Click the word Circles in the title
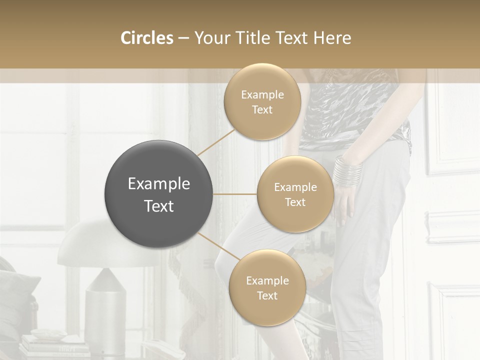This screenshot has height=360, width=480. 147,38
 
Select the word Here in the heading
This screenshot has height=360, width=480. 332,38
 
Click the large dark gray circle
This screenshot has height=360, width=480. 159,194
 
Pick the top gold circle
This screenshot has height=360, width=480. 262,102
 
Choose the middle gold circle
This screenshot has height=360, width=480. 295,194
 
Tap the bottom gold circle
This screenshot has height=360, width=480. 267,288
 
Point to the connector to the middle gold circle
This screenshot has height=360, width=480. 235,194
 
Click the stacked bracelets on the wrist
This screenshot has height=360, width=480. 348,171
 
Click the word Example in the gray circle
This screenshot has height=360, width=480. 159,184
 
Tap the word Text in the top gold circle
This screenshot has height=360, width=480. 262,110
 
